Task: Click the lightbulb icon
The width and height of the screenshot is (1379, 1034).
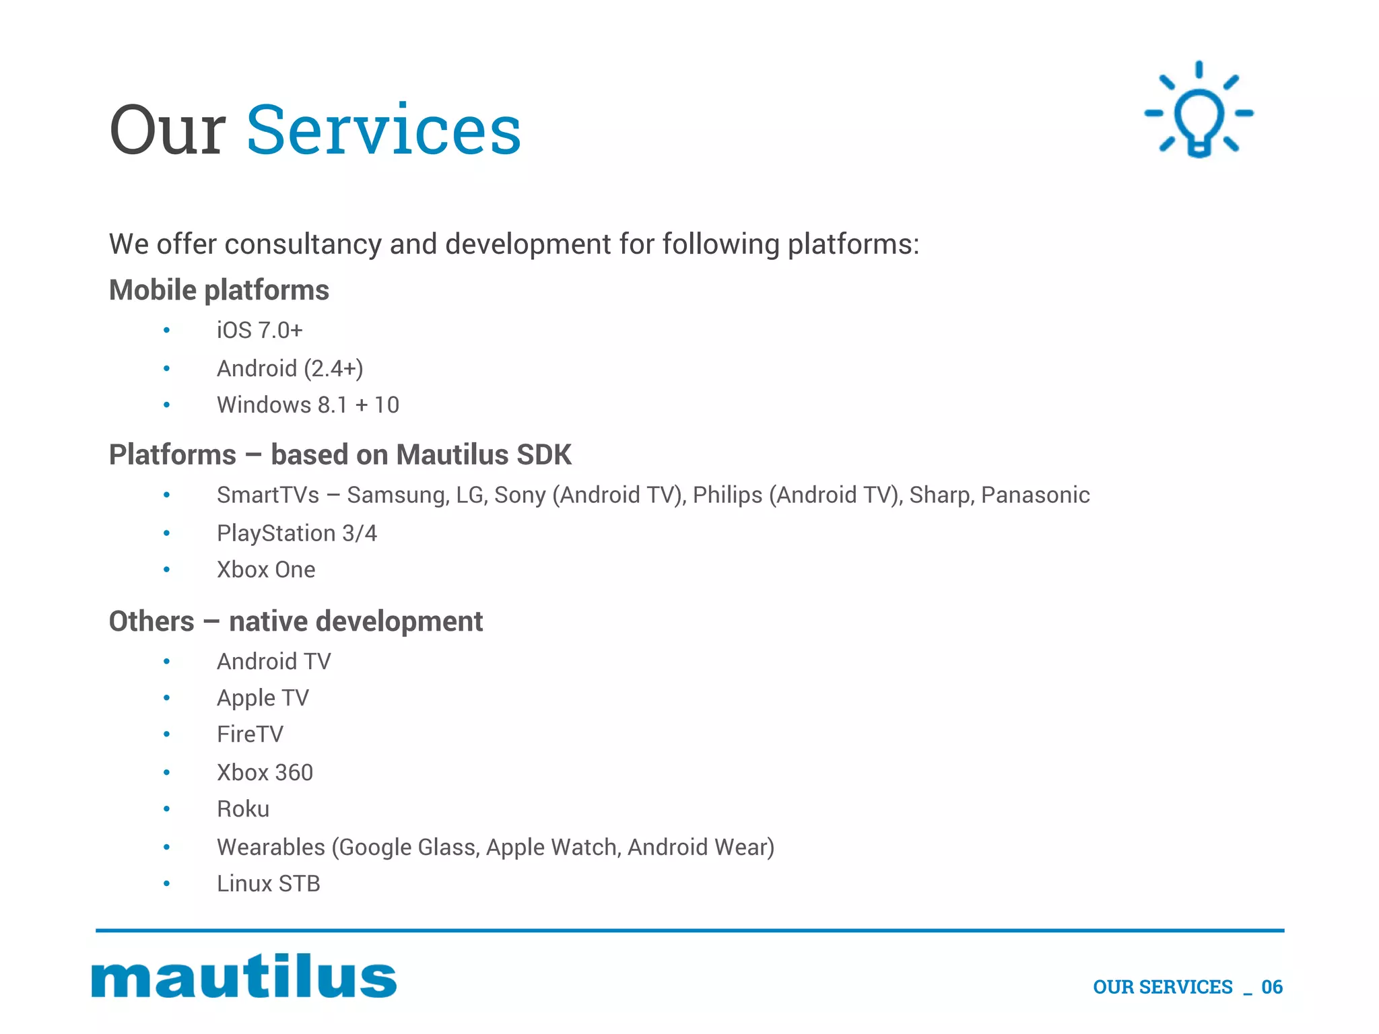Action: point(1199,111)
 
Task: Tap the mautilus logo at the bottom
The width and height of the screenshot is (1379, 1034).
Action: point(244,975)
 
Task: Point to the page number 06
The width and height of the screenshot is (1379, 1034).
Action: point(1272,987)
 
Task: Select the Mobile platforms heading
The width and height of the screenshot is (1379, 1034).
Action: point(219,290)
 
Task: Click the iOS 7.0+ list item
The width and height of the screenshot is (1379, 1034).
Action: point(259,331)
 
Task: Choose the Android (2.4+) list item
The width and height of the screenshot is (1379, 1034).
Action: point(290,368)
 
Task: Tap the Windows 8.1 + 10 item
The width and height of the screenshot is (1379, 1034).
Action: point(308,405)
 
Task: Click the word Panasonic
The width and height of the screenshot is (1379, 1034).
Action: point(1035,495)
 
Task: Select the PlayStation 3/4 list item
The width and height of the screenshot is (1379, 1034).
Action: point(296,533)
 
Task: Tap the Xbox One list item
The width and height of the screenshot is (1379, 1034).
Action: point(266,570)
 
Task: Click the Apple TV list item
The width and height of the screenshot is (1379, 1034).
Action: point(263,698)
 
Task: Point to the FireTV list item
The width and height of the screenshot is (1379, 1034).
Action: point(250,734)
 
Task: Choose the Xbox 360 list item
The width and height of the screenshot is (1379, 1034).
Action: point(265,772)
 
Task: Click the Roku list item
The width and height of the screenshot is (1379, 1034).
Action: point(242,808)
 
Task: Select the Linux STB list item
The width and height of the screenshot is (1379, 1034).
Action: point(268,883)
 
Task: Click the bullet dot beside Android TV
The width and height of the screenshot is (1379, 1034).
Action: point(166,662)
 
